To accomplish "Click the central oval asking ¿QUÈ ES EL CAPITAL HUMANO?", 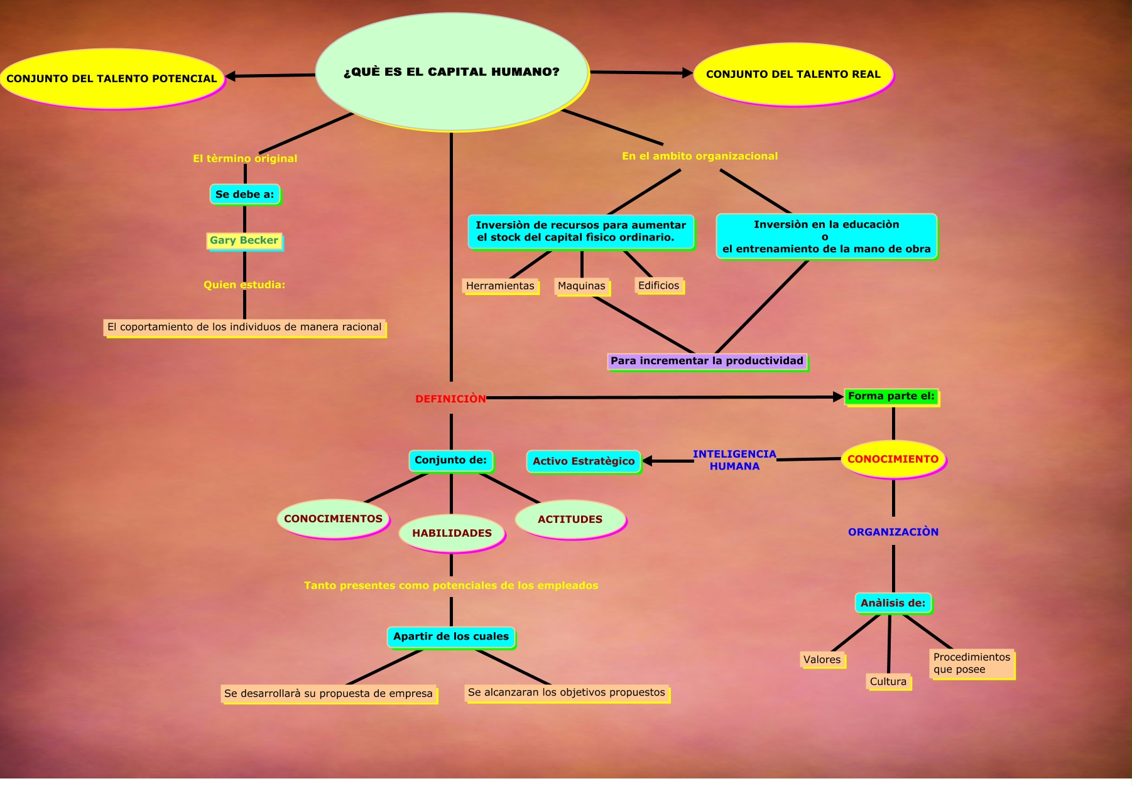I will pyautogui.click(x=451, y=72).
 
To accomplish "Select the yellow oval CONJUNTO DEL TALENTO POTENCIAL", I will pyautogui.click(x=112, y=78).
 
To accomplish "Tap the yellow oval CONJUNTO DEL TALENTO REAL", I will pyautogui.click(x=793, y=74).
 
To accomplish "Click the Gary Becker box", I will pyautogui.click(x=244, y=240).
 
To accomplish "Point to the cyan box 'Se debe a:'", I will pyautogui.click(x=244, y=195).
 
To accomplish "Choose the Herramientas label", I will pyautogui.click(x=500, y=286).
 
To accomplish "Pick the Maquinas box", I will pyautogui.click(x=582, y=286).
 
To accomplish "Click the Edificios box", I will pyautogui.click(x=658, y=286).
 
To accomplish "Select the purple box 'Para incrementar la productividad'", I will pyautogui.click(x=707, y=361).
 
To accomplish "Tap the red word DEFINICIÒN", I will pyautogui.click(x=450, y=399).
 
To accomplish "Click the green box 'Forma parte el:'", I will pyautogui.click(x=891, y=396).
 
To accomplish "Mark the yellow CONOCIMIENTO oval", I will pyautogui.click(x=893, y=459).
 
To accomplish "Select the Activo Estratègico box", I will pyautogui.click(x=584, y=461).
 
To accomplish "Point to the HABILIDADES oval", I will pyautogui.click(x=452, y=533).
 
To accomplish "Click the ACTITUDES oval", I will pyautogui.click(x=570, y=519).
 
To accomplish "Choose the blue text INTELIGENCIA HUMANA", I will pyautogui.click(x=734, y=460).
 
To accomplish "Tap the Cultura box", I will pyautogui.click(x=888, y=682).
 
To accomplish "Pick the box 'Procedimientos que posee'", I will pyautogui.click(x=971, y=664).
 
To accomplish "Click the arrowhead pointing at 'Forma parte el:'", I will pyautogui.click(x=838, y=397).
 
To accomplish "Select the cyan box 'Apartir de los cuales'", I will pyautogui.click(x=451, y=637).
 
